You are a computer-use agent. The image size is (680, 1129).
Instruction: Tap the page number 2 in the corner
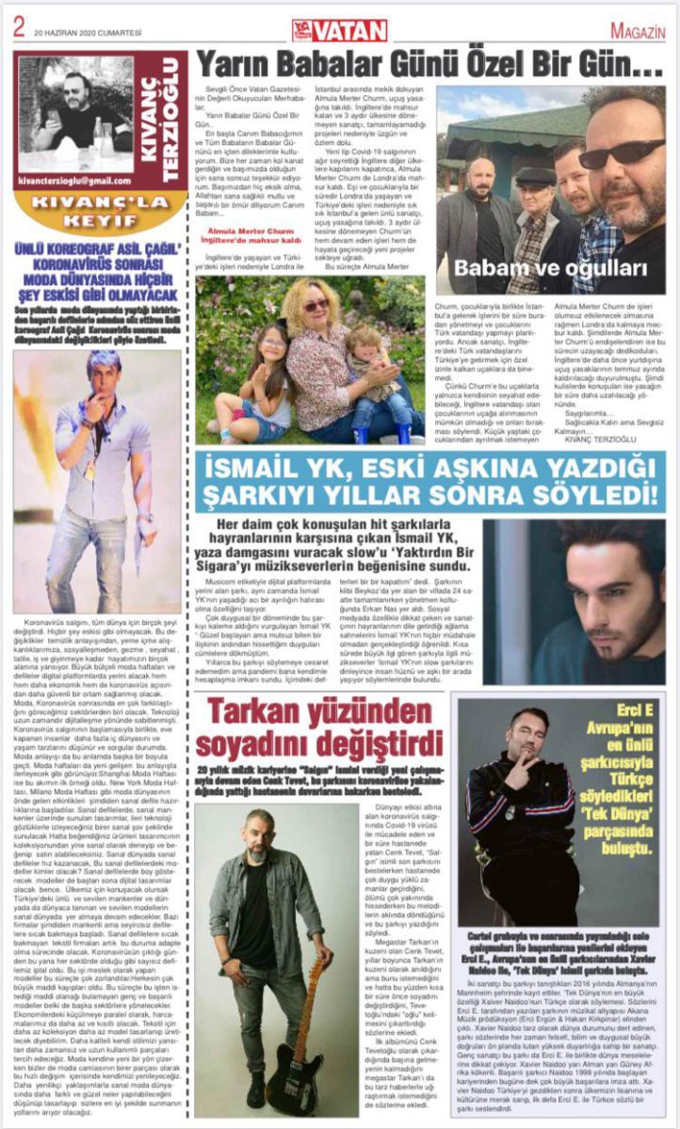(x=18, y=27)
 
